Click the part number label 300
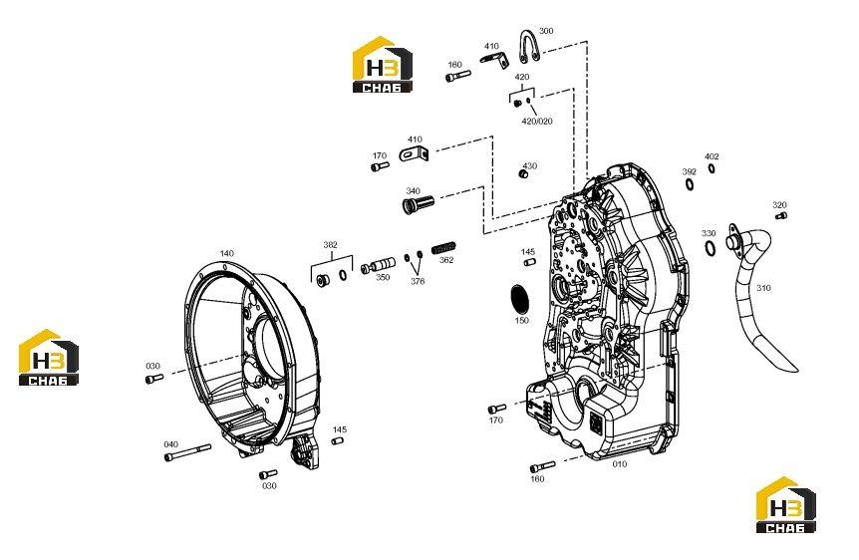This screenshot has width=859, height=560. tap(546, 31)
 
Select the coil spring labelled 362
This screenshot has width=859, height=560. tap(443, 248)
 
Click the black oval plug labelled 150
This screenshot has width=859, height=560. tap(519, 298)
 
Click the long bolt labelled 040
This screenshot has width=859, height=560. tap(186, 452)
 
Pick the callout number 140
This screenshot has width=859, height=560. tap(227, 254)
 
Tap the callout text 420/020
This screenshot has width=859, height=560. tap(537, 122)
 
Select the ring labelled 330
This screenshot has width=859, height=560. tap(710, 248)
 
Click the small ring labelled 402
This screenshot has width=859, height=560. tap(712, 168)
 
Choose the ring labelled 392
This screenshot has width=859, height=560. tap(690, 184)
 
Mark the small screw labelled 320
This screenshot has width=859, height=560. tap(781, 216)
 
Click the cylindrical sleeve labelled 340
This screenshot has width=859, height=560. tap(418, 204)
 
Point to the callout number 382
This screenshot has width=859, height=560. tap(330, 245)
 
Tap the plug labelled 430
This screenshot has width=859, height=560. tap(523, 173)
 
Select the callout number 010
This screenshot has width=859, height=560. tap(620, 464)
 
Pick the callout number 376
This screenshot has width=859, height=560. tap(418, 282)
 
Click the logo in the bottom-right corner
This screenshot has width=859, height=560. tap(786, 504)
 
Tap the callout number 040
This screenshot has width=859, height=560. tap(171, 444)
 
